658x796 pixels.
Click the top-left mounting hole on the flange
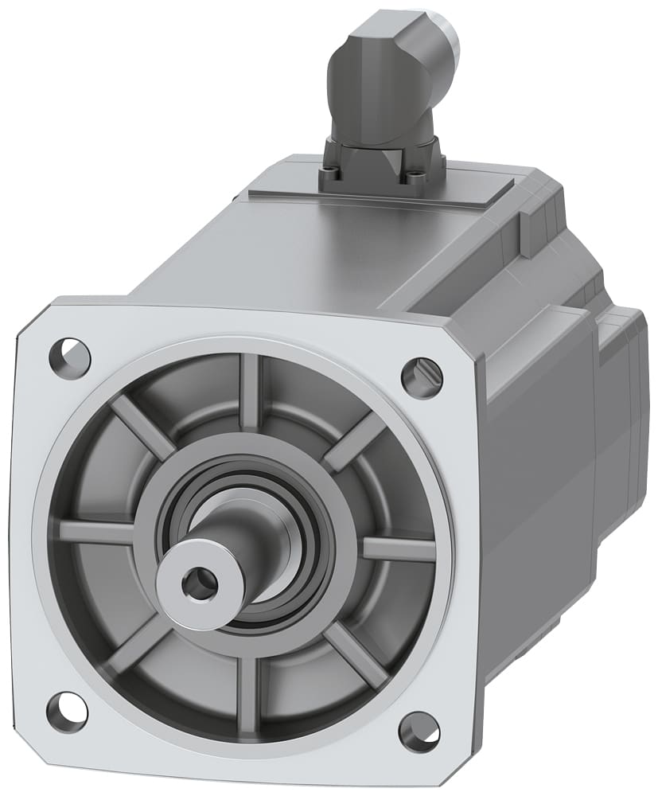(70, 352)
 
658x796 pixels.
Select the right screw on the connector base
(415, 179)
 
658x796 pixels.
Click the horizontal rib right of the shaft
(398, 549)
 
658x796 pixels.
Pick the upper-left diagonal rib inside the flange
(142, 426)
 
